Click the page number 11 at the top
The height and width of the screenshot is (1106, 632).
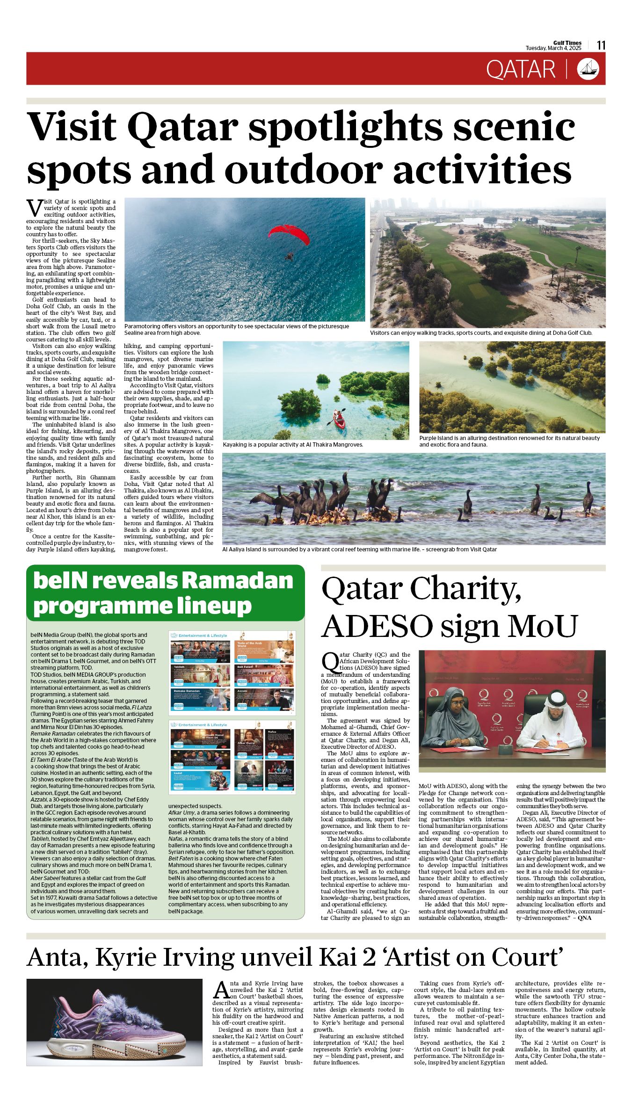[x=601, y=45]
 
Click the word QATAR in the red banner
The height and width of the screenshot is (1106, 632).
[x=520, y=69]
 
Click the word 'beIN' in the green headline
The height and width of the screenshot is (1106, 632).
[x=60, y=580]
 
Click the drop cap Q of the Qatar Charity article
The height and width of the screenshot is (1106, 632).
[x=329, y=661]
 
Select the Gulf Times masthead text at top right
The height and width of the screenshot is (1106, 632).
[x=567, y=43]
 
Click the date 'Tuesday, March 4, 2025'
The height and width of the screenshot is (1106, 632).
[x=553, y=48]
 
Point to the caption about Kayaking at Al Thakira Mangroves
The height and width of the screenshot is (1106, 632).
[x=293, y=445]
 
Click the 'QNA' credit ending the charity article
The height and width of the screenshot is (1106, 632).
[x=584, y=918]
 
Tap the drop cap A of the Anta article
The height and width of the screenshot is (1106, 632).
[x=220, y=990]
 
